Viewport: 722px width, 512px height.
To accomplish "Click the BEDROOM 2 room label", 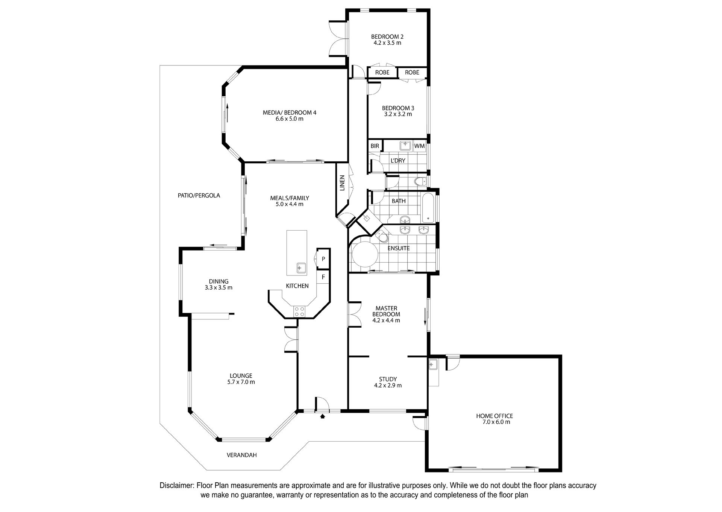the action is pyautogui.click(x=387, y=36).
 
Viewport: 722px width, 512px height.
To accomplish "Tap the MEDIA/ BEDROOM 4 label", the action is pyautogui.click(x=289, y=112).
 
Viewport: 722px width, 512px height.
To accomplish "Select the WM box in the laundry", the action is pyautogui.click(x=419, y=146).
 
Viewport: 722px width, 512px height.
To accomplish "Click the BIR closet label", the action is pyautogui.click(x=375, y=146).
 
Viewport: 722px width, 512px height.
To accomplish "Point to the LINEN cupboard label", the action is pyautogui.click(x=342, y=183).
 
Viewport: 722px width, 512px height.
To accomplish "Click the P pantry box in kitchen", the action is pyautogui.click(x=323, y=259).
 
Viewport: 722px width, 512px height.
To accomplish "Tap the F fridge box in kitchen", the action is pyautogui.click(x=323, y=278).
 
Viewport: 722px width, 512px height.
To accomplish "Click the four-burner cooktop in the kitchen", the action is pyautogui.click(x=300, y=311).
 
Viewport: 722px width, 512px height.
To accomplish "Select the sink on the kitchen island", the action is pyautogui.click(x=301, y=268).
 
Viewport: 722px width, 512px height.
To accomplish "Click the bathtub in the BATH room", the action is pyautogui.click(x=428, y=208).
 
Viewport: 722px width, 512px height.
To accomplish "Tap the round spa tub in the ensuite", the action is pyautogui.click(x=364, y=254).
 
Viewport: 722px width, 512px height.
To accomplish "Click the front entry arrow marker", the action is pyautogui.click(x=322, y=416).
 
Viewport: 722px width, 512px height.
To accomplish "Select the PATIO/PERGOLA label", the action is pyautogui.click(x=199, y=196).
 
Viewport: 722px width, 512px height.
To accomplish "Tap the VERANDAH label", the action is pyautogui.click(x=242, y=455).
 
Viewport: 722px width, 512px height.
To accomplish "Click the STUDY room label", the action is pyautogui.click(x=388, y=379).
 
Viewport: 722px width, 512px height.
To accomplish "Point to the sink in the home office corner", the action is pyautogui.click(x=432, y=364).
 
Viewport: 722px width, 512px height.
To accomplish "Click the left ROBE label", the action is pyautogui.click(x=382, y=72).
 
